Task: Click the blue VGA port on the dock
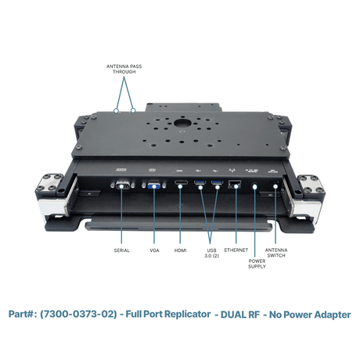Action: click(x=154, y=185)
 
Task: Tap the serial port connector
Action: click(x=122, y=185)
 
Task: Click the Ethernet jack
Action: click(x=235, y=184)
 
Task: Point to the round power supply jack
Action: click(x=254, y=186)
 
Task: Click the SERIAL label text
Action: click(x=122, y=250)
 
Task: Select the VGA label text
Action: click(x=154, y=250)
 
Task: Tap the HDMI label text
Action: click(x=181, y=250)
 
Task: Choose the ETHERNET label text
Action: click(x=236, y=250)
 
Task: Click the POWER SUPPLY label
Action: click(x=257, y=264)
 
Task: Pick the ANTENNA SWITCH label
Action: click(x=276, y=253)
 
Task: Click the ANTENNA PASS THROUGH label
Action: click(x=124, y=69)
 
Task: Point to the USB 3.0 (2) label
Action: click(x=211, y=253)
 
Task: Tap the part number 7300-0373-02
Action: click(x=78, y=314)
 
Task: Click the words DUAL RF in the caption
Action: click(x=240, y=315)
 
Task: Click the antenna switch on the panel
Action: click(x=275, y=185)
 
